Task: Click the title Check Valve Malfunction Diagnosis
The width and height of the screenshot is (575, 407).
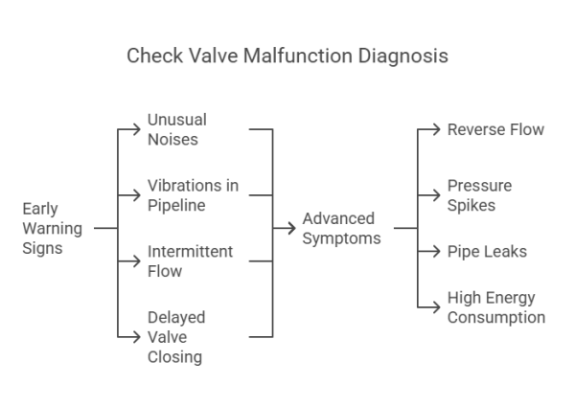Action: pyautogui.click(x=287, y=56)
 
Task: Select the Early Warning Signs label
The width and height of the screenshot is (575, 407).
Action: pyautogui.click(x=52, y=229)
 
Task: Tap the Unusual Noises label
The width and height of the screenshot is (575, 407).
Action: pyautogui.click(x=176, y=129)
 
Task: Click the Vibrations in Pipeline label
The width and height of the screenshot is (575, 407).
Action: pyautogui.click(x=193, y=193)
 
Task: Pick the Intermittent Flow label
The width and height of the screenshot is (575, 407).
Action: pyautogui.click(x=189, y=261)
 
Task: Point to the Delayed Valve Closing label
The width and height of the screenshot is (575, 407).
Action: pyautogui.click(x=176, y=336)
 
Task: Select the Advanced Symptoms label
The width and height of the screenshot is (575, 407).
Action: pyautogui.click(x=338, y=228)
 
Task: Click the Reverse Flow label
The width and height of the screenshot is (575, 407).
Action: pyautogui.click(x=495, y=129)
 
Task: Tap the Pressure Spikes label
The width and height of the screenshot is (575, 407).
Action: pyautogui.click(x=479, y=193)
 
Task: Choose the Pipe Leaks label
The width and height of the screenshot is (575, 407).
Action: pyautogui.click(x=487, y=252)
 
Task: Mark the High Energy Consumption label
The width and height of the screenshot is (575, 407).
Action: pyautogui.click(x=495, y=307)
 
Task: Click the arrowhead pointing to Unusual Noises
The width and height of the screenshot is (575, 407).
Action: pyautogui.click(x=138, y=128)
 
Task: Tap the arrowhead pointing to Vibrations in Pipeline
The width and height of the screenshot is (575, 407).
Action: pyautogui.click(x=138, y=194)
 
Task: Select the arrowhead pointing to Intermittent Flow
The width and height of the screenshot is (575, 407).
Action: pyautogui.click(x=138, y=261)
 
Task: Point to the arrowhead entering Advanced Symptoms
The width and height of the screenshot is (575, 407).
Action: pyautogui.click(x=293, y=228)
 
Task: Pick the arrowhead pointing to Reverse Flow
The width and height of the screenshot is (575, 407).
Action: pyautogui.click(x=438, y=128)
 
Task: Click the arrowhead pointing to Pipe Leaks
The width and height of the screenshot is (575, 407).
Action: pyautogui.click(x=438, y=252)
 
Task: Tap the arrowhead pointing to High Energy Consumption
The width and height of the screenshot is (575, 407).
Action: pyautogui.click(x=438, y=306)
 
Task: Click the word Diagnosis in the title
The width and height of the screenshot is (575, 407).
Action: pyautogui.click(x=403, y=56)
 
